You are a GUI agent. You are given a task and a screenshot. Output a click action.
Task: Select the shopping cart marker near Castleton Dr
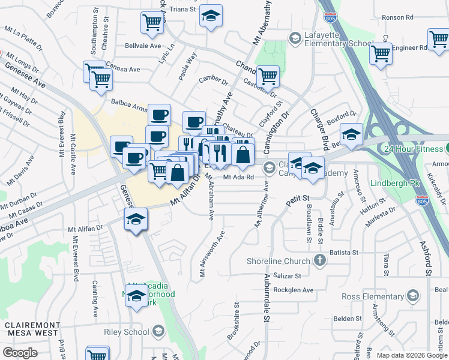pyautogui.click(x=268, y=76)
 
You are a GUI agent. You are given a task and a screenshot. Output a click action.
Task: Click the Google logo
pyautogui.click(x=20, y=352)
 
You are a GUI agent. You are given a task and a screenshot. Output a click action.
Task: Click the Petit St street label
pyautogui.click(x=297, y=198)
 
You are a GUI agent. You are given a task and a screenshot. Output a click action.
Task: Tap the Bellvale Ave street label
pyautogui.click(x=143, y=46)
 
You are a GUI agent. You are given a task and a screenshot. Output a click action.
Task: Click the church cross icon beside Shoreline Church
pyautogui.click(x=320, y=260)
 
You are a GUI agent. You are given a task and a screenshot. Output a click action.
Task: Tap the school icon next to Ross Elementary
pyautogui.click(x=413, y=295)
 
